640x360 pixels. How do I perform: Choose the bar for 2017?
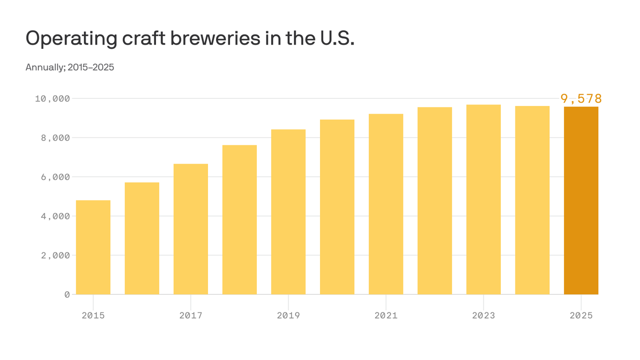pos(191,229)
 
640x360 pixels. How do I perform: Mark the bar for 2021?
pos(386,204)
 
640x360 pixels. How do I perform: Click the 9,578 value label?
pos(581,98)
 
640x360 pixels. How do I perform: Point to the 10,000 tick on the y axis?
pos(52,98)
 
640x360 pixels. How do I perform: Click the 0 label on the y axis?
pos(67,294)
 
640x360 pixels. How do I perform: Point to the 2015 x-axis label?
pos(93,315)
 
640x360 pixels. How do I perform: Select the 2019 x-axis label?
pos(288,315)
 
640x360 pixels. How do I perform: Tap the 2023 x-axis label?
pos(484,315)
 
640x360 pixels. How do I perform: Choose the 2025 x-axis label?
pos(581,315)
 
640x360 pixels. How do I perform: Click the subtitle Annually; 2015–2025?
pos(70,67)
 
